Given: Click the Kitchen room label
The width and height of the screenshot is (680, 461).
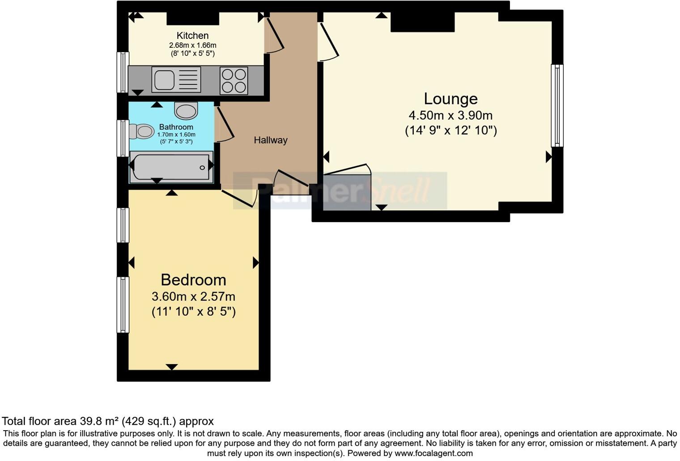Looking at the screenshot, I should [x=192, y=36].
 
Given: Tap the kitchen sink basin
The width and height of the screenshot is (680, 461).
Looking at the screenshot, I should [x=164, y=80].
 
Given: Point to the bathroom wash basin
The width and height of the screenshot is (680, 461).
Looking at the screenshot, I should [x=186, y=110].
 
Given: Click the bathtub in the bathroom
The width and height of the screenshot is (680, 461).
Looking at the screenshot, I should [x=170, y=168].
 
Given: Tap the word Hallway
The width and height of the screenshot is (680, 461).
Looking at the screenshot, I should [x=270, y=140].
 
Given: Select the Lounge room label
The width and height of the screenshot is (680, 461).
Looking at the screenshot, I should [x=450, y=99].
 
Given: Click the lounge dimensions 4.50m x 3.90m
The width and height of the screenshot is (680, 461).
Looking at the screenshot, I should [x=450, y=116].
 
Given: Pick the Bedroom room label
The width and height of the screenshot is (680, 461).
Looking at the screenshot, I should [x=193, y=280].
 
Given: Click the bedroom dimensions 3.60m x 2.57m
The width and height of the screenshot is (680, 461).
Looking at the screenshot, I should [x=193, y=297].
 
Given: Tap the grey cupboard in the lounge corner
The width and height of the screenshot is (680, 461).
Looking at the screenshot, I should [x=347, y=193].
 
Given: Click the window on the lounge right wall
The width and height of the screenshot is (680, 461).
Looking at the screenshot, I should [x=557, y=105].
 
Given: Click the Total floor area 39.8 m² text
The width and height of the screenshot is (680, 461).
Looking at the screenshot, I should [x=107, y=421].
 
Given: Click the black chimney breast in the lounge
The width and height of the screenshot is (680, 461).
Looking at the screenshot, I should [x=422, y=22].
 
